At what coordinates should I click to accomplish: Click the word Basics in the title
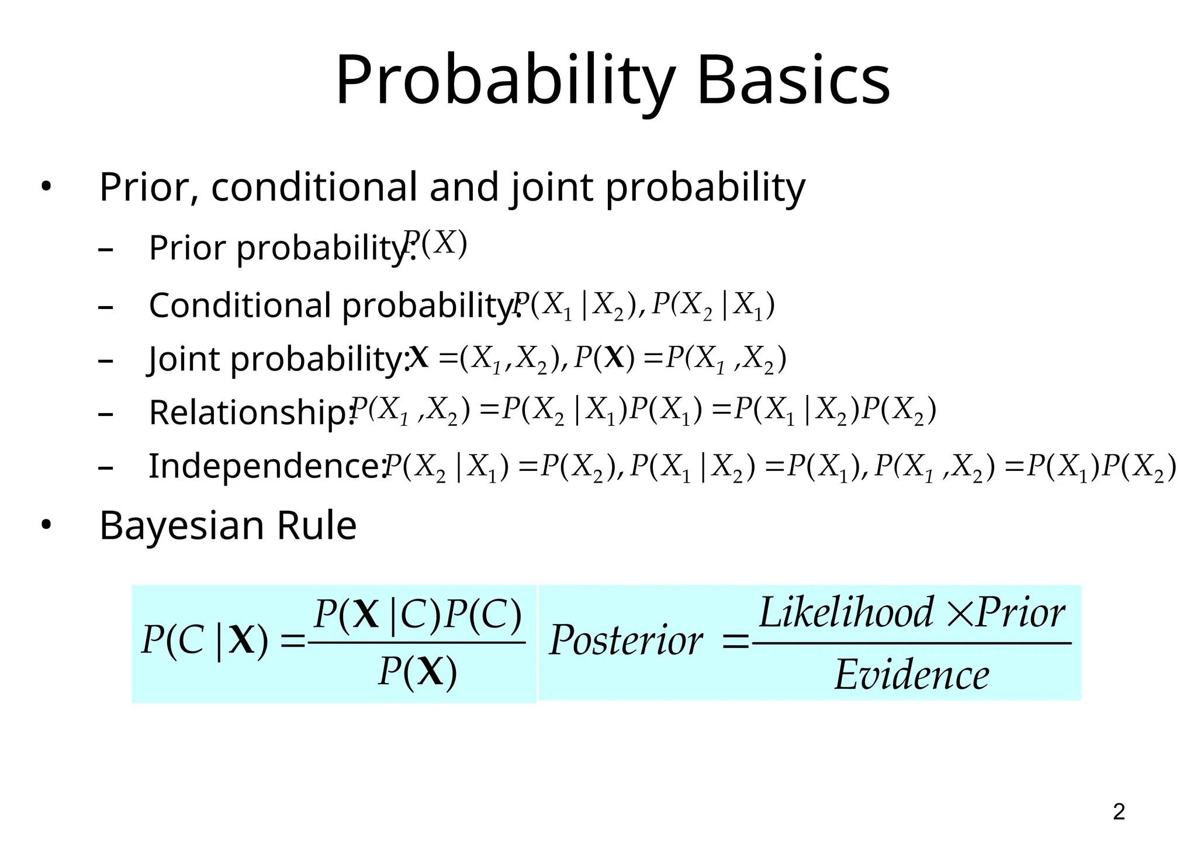tap(793, 81)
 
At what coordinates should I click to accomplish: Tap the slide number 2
tap(1119, 812)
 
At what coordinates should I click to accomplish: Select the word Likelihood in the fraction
tap(846, 613)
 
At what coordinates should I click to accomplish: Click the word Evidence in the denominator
tap(911, 675)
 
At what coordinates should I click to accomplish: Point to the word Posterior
tap(626, 641)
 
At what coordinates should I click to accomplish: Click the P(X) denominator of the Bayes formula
tap(417, 672)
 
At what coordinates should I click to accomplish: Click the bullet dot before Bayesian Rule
tap(46, 526)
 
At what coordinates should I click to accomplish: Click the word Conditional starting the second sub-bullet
tap(240, 305)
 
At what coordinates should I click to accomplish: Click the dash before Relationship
tap(106, 414)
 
